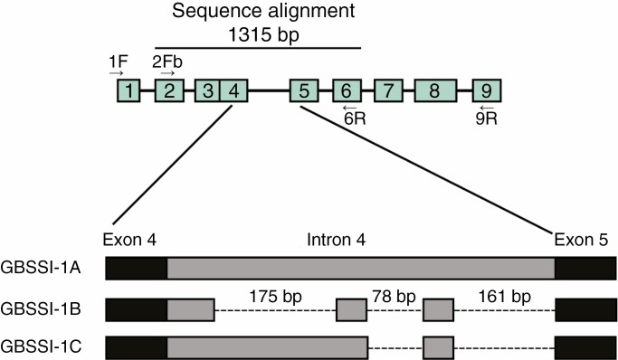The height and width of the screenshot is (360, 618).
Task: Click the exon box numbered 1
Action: click(x=129, y=90)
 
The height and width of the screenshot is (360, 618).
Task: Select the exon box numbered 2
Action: click(x=169, y=90)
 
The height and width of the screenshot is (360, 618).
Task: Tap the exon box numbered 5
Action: click(x=304, y=90)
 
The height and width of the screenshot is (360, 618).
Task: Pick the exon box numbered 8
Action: click(x=434, y=90)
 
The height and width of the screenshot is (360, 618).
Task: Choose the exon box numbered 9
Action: click(x=487, y=90)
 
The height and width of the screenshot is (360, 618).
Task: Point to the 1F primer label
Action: click(x=117, y=62)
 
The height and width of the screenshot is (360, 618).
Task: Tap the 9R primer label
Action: click(x=487, y=117)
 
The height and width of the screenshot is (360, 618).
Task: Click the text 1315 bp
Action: click(x=258, y=31)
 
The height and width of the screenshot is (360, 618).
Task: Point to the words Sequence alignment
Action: click(x=258, y=11)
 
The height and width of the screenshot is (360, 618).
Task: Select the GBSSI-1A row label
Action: click(x=42, y=269)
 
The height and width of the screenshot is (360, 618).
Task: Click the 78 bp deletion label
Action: click(x=395, y=295)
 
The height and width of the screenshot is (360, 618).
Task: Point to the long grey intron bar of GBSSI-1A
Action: click(x=361, y=269)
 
